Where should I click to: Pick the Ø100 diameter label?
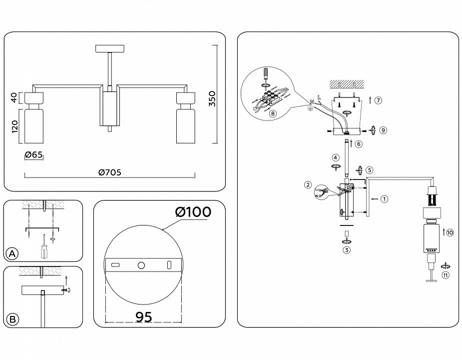tap(193, 212)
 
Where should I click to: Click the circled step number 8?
tap(272, 113)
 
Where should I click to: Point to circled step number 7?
tap(379, 100)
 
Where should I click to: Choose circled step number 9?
tap(383, 130)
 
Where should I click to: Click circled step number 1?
tap(384, 199)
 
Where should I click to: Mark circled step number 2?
tap(308, 184)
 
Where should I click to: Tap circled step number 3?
tap(346, 250)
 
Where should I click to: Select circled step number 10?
tap(450, 232)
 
